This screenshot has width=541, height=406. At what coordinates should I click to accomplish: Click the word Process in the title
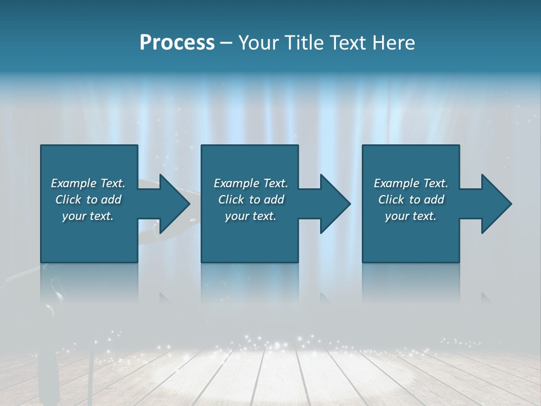coord(177,43)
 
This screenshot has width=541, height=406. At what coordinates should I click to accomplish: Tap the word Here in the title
coord(393,43)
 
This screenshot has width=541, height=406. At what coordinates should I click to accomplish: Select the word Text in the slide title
coord(348,43)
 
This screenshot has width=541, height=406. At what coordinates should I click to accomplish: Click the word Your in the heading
coord(259,43)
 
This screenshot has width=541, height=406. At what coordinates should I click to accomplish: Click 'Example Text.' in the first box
coord(88,183)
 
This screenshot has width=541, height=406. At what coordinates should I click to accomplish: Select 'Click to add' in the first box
coord(88,200)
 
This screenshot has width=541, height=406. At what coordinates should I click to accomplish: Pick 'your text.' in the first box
coord(88,216)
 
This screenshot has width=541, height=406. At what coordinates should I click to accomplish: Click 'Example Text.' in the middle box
coord(251,183)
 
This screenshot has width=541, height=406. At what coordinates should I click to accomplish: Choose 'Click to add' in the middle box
coord(251,200)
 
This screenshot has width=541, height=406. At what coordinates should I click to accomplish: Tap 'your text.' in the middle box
coord(251,216)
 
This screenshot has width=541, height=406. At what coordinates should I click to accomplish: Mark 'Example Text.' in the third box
coord(411,183)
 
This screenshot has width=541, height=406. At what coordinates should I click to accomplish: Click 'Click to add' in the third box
coord(411,200)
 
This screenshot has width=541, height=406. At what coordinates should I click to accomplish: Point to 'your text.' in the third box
coord(411,216)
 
